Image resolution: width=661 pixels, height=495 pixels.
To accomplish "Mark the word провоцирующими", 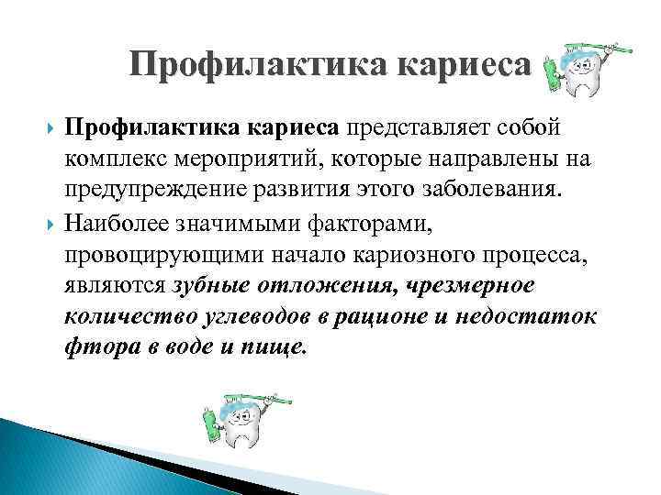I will click(x=162, y=254).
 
